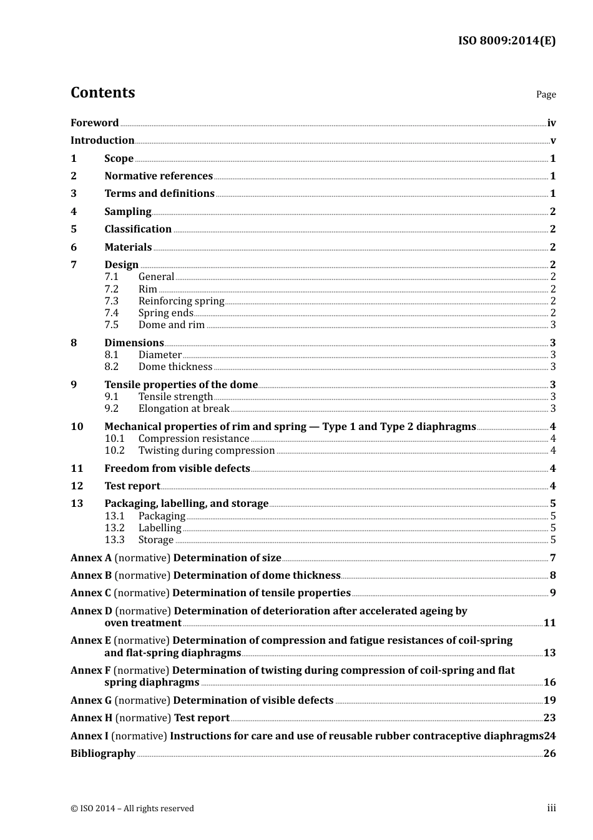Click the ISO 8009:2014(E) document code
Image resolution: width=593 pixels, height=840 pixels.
point(507,41)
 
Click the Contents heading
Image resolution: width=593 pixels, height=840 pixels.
point(102,92)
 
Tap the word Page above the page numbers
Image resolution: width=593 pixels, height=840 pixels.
point(546,94)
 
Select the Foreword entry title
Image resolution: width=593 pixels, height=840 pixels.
point(94,123)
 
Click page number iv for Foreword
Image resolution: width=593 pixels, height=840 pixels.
point(551,123)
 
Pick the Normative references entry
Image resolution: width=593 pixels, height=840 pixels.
point(159,176)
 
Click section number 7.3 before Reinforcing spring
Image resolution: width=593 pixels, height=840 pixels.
point(111,301)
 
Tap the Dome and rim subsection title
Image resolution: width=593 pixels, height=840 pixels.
point(172,325)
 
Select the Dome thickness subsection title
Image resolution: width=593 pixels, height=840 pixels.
point(175,367)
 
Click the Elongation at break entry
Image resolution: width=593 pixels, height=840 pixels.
point(184,409)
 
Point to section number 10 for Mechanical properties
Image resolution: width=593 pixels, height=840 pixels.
point(77,427)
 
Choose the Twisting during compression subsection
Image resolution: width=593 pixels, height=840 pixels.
point(207,451)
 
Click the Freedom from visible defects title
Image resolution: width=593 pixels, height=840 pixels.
point(177,469)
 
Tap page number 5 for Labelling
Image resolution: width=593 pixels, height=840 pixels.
point(553,528)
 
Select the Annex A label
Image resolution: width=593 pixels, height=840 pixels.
point(91,558)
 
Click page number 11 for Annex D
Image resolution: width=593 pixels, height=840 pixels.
point(549,623)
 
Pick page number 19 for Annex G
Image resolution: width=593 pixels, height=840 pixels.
point(549,701)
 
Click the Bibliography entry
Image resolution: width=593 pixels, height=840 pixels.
point(103,754)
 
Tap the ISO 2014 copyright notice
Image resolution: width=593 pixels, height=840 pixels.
point(132,809)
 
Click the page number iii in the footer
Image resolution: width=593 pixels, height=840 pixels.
point(551,808)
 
